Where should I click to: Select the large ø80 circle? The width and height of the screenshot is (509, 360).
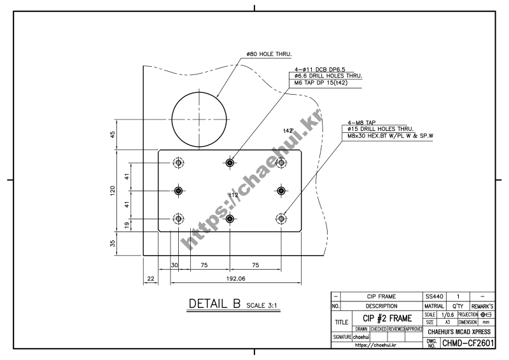coord(199,119)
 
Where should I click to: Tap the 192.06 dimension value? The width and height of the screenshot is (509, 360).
coord(227,279)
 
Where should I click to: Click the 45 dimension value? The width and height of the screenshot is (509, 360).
coord(113,134)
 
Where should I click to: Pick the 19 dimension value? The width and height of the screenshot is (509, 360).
coord(127,225)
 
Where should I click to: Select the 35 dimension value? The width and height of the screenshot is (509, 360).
coord(113,244)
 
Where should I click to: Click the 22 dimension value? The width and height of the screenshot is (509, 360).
coord(150,279)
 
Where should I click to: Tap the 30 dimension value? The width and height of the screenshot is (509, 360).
coord(174,265)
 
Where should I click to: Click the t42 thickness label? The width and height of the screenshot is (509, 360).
coord(288,130)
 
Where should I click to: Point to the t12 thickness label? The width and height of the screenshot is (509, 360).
coord(234,195)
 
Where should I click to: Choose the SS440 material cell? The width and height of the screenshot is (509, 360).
coord(435,296)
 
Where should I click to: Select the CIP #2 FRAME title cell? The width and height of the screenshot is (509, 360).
coord(386,318)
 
